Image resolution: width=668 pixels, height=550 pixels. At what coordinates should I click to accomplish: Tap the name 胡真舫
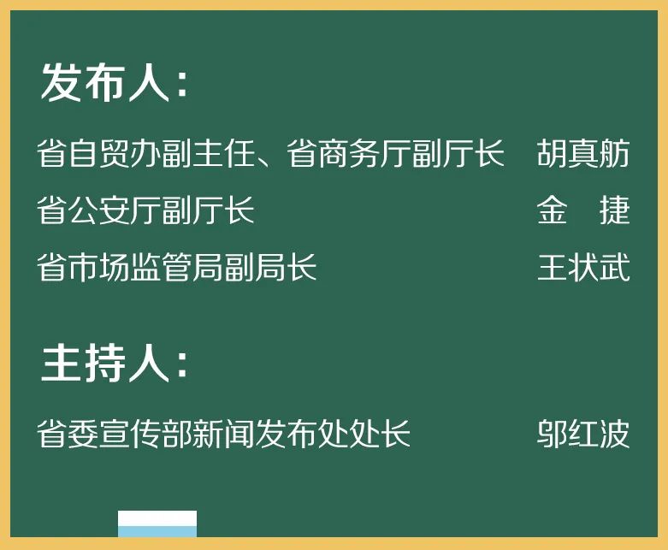coord(583,154)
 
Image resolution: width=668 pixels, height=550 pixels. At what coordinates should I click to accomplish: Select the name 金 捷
coord(583,210)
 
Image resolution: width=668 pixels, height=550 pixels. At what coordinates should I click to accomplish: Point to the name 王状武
coord(583,268)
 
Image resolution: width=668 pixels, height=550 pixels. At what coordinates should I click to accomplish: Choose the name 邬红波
coord(583,434)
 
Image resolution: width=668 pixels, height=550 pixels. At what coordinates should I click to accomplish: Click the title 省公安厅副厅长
coord(146,210)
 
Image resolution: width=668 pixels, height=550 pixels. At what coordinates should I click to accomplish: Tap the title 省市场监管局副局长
coord(177,268)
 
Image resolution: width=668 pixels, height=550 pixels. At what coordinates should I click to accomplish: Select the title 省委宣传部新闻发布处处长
coord(224,434)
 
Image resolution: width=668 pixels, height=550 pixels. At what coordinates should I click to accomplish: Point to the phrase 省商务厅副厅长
coord(395,154)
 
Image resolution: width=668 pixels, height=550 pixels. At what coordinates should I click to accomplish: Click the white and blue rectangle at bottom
coord(157,523)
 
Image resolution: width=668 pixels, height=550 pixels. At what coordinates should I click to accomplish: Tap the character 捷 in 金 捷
coord(614,210)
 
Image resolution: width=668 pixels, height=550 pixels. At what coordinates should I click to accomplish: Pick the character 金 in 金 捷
coord(553,210)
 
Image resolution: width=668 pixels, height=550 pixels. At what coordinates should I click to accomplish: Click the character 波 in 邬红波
coord(614,434)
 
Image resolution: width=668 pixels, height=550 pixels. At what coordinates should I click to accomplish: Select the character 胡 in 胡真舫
coord(553,154)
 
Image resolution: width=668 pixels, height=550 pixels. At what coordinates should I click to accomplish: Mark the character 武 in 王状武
coord(614,268)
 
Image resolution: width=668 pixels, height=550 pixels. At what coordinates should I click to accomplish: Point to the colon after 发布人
coord(181,86)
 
